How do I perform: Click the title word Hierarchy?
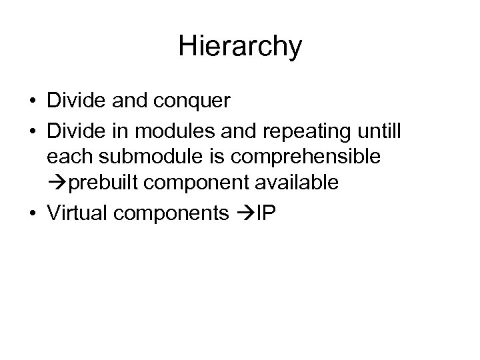coord(240,47)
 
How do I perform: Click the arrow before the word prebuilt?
coord(55,183)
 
